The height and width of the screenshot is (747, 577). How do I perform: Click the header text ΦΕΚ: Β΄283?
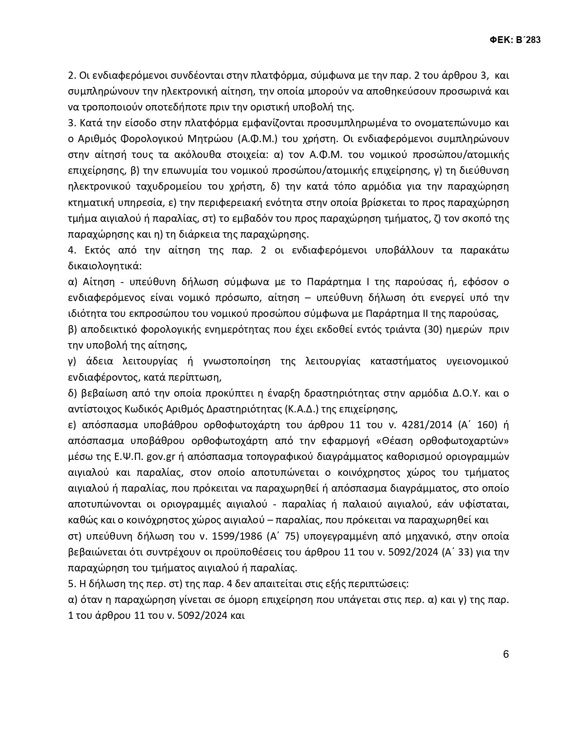pyautogui.click(x=515, y=40)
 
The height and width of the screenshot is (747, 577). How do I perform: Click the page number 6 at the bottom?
pyautogui.click(x=505, y=654)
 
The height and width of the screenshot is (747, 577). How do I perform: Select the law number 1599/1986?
pyautogui.click(x=240, y=536)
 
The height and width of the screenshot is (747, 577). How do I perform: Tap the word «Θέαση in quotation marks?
pyautogui.click(x=396, y=441)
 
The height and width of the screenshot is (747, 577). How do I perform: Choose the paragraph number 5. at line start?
pyautogui.click(x=71, y=584)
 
